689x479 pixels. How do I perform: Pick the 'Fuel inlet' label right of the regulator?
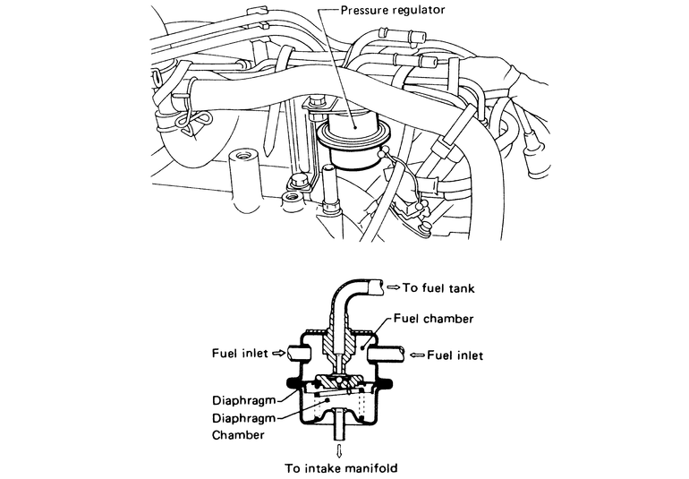(x=455, y=355)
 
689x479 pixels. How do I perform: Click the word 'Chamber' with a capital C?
(x=238, y=434)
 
